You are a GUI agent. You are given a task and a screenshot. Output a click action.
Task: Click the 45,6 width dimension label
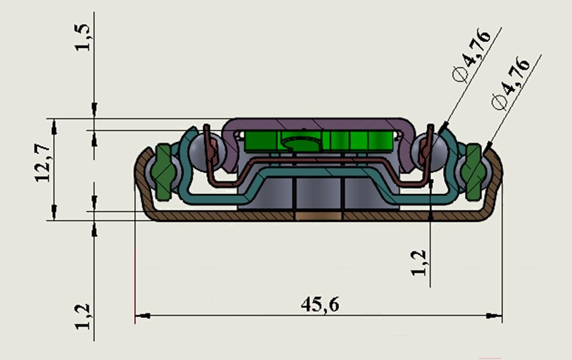click(x=320, y=305)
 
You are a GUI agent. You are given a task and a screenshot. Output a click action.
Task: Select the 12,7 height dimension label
click(x=43, y=163)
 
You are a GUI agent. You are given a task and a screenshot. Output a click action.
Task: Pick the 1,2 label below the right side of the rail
click(x=418, y=263)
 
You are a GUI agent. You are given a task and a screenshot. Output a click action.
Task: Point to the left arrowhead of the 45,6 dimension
click(x=143, y=316)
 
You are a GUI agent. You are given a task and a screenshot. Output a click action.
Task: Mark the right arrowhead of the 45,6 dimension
click(x=494, y=316)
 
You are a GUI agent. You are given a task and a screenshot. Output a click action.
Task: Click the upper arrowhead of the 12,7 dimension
click(x=54, y=127)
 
